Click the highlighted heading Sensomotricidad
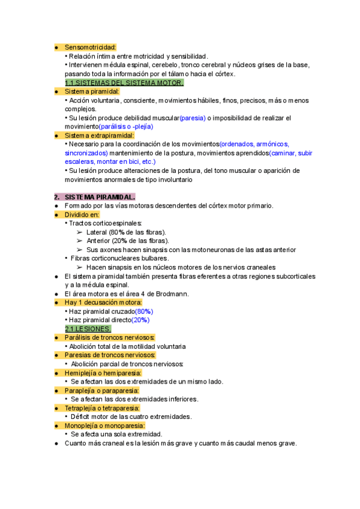(x=90, y=47)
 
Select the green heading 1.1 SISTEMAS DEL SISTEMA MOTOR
(x=124, y=83)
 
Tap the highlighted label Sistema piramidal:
(x=92, y=91)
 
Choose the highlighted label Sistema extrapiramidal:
(x=99, y=136)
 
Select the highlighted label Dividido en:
(x=82, y=214)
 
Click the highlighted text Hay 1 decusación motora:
(x=103, y=303)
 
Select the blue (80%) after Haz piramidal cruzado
(x=144, y=312)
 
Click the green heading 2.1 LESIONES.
(x=88, y=329)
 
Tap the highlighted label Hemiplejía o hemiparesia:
(x=103, y=373)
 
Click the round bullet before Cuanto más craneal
(x=56, y=444)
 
